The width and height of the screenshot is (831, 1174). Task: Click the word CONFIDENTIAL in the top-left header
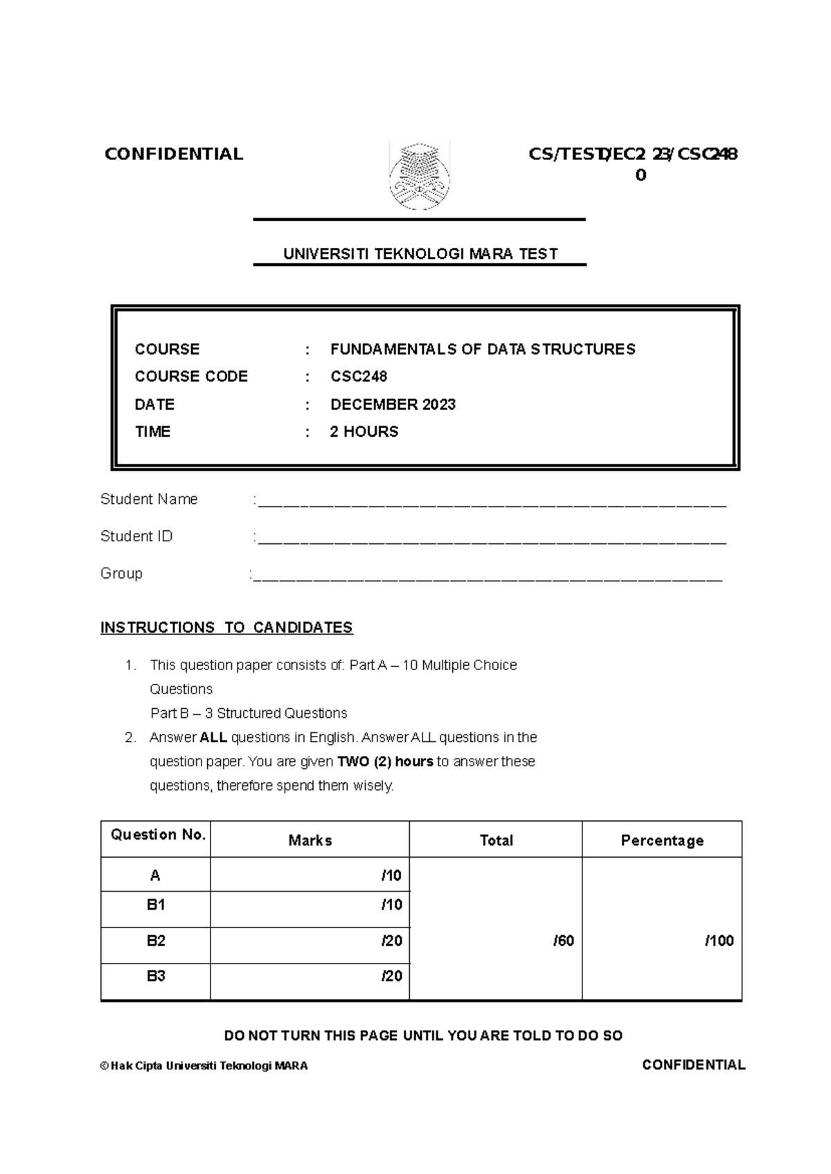pyautogui.click(x=174, y=154)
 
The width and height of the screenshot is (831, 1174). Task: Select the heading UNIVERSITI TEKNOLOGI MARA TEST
pyautogui.click(x=420, y=254)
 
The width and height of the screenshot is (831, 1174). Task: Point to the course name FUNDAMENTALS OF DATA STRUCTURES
pyautogui.click(x=483, y=349)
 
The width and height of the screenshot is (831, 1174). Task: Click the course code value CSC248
pyautogui.click(x=359, y=377)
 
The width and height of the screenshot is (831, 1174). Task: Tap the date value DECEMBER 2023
pyautogui.click(x=393, y=404)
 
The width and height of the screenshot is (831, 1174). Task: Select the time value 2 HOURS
pyautogui.click(x=364, y=432)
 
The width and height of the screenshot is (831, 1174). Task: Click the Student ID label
pyautogui.click(x=136, y=536)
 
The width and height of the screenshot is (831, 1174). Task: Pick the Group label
pyautogui.click(x=121, y=573)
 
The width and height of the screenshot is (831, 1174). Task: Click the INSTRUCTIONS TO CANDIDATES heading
pyautogui.click(x=226, y=627)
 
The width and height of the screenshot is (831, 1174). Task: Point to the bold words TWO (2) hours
pyautogui.click(x=385, y=761)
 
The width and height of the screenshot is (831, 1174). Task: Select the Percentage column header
pyautogui.click(x=662, y=840)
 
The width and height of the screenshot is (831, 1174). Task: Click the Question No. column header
pyautogui.click(x=158, y=835)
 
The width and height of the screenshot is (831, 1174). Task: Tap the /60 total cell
pyautogui.click(x=564, y=941)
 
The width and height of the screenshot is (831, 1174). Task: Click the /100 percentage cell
pyautogui.click(x=719, y=941)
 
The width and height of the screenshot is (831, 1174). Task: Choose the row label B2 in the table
pyautogui.click(x=156, y=941)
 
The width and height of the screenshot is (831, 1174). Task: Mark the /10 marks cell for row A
pyautogui.click(x=391, y=876)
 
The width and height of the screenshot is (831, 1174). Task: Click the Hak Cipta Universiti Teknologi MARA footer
pyautogui.click(x=204, y=1066)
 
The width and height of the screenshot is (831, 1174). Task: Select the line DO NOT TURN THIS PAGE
pyautogui.click(x=423, y=1036)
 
